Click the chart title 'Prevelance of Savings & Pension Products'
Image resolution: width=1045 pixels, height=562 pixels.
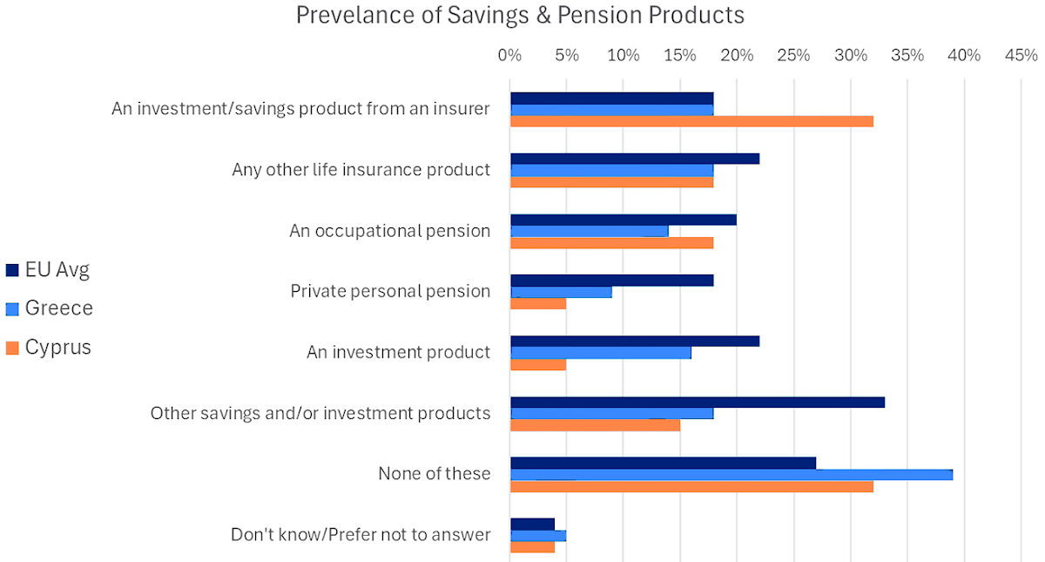point(520,16)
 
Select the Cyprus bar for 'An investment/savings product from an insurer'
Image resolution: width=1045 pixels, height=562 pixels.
point(691,121)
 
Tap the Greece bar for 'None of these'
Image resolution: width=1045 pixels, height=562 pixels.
point(731,475)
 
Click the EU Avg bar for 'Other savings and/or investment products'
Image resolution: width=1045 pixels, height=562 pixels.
point(697,403)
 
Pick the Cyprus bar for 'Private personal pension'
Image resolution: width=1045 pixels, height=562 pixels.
point(538,304)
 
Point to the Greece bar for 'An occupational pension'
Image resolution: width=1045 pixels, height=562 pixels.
point(589,231)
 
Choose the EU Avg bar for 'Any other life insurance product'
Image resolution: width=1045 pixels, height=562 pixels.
point(634,159)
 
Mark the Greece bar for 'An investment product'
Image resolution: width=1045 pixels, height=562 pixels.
point(600,353)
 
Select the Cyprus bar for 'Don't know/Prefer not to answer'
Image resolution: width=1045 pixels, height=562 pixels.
point(532,547)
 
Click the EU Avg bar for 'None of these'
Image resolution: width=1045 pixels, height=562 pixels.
point(663,463)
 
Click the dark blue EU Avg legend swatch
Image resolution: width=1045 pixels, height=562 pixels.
point(12,270)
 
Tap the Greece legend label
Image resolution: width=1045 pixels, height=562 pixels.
point(58,308)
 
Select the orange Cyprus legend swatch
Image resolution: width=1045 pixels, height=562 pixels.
point(12,348)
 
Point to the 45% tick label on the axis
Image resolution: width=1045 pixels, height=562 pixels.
point(1021,56)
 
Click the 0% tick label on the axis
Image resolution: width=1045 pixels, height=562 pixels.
point(509,56)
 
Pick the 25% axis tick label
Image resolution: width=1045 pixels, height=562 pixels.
point(793,56)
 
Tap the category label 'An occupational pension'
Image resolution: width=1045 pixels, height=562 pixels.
point(389,231)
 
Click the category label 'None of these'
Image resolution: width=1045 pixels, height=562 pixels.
point(434,474)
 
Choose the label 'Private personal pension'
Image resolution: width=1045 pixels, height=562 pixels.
point(390,291)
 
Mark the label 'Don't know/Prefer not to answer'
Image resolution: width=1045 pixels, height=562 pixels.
point(361,535)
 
